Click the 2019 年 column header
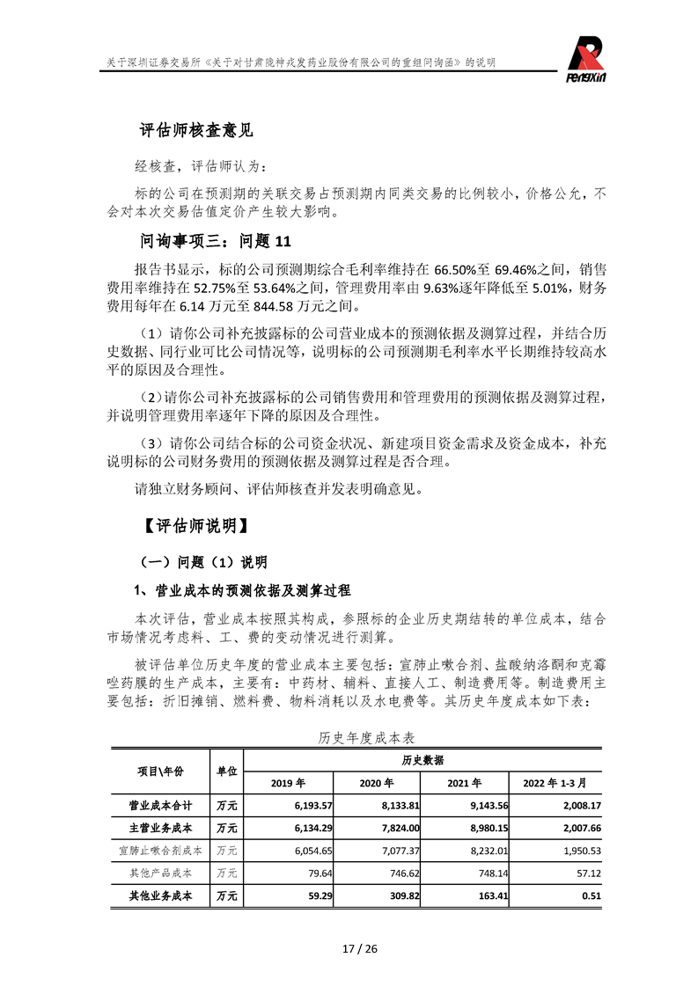pos(288,782)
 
